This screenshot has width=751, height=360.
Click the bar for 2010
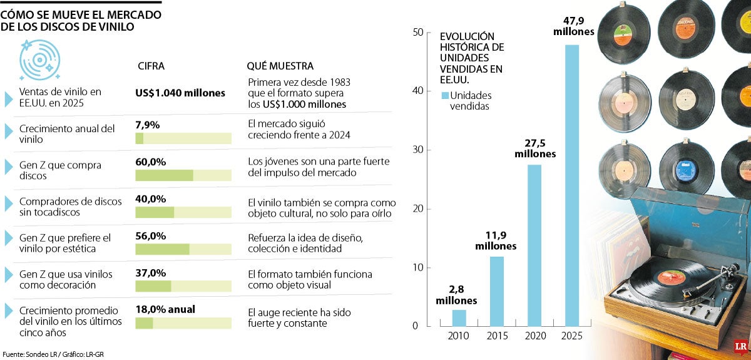pos(459,318)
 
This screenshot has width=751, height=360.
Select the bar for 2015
pos(496,291)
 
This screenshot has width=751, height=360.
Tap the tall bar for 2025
pos(572,185)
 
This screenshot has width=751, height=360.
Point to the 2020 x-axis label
pos(534,336)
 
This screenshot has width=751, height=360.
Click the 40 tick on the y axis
pos(419,91)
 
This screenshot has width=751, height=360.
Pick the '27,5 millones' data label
pos(534,148)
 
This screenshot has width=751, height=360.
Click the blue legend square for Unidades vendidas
pos(445,96)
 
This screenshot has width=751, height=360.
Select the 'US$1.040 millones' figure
pos(180,93)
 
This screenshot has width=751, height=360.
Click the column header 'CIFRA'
pos(151,66)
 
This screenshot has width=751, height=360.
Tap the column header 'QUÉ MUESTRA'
pos(280,66)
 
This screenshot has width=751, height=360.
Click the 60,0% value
pos(150,162)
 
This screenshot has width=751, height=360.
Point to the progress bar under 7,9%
pos(183,138)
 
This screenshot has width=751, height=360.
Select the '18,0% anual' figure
pos(165,309)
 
